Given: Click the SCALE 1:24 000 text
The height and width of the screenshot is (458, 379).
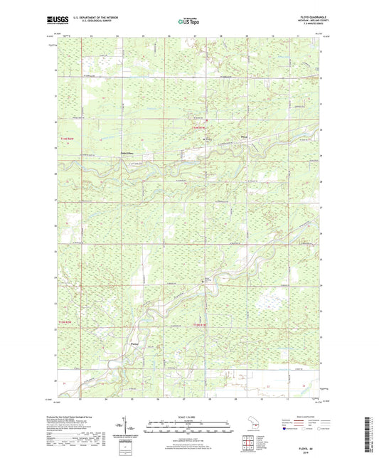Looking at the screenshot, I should (189, 417).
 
